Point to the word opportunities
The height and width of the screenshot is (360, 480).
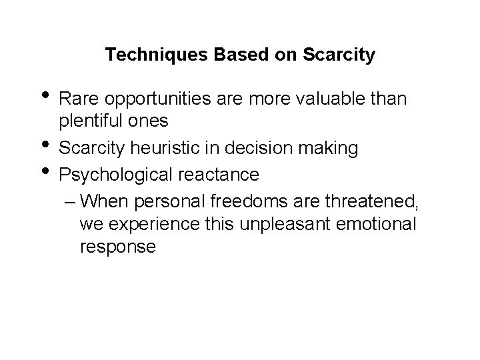pyautogui.click(x=149, y=99)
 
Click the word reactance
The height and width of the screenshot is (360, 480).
pyautogui.click(x=218, y=174)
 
